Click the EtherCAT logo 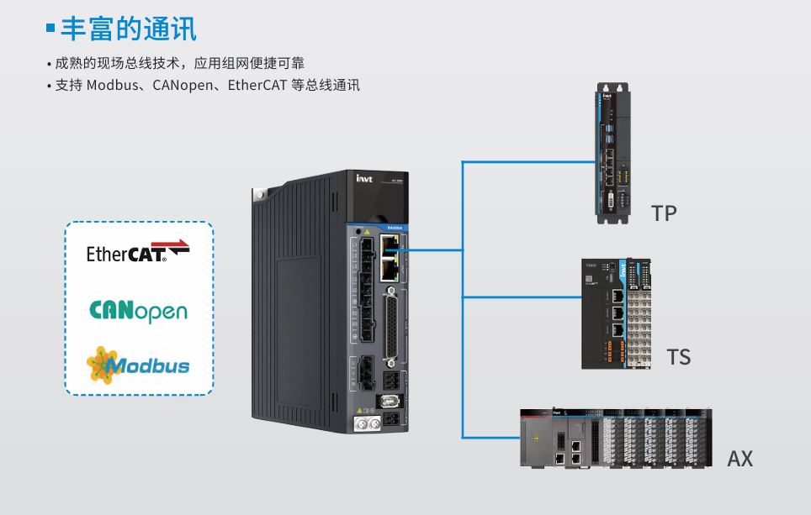(x=138, y=251)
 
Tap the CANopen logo (x=138, y=312)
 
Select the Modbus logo (x=138, y=365)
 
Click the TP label (x=664, y=213)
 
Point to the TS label (x=678, y=357)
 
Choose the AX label (x=739, y=459)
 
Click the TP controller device (x=614, y=153)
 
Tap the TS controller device (x=617, y=313)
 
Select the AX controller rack (x=615, y=438)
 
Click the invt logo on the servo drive (x=364, y=177)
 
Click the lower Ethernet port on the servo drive (x=389, y=271)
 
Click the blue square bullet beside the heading (x=50, y=29)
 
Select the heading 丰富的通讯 (x=129, y=29)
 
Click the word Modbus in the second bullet (x=111, y=85)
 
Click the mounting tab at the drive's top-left (x=257, y=196)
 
